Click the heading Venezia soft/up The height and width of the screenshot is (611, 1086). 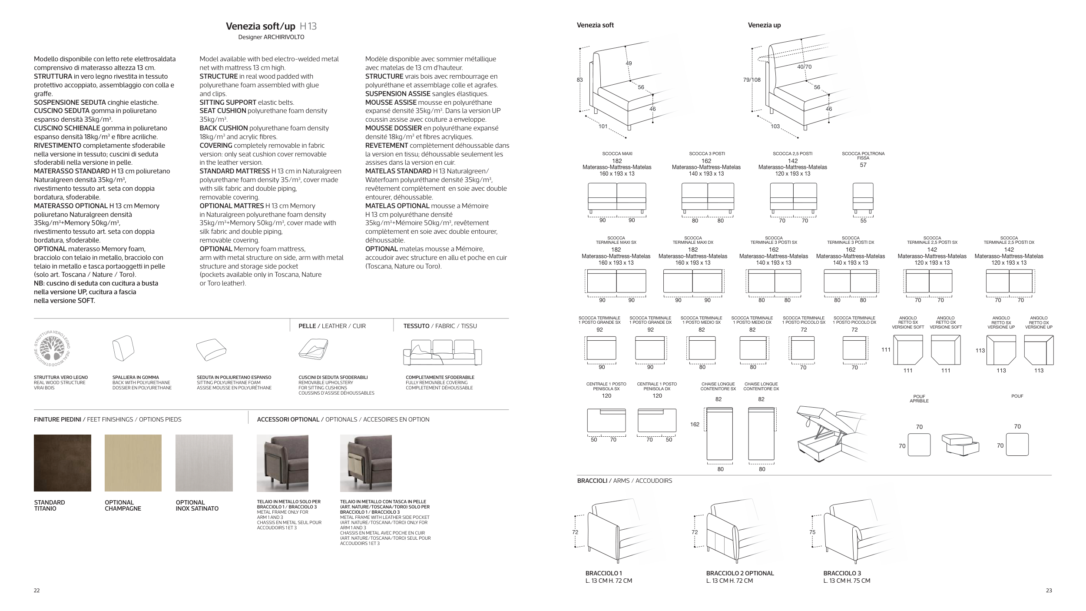click(260, 26)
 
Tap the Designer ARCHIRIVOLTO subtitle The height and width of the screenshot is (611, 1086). click(271, 37)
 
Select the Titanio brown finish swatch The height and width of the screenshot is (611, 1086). click(63, 463)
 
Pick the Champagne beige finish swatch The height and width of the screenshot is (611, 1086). click(133, 463)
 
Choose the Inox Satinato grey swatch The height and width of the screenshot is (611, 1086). click(204, 463)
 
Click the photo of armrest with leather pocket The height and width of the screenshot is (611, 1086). click(366, 463)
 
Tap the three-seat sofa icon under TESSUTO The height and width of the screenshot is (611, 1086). click(442, 352)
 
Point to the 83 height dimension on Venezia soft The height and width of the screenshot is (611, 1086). click(580, 80)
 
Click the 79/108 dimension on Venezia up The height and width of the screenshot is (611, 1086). click(752, 80)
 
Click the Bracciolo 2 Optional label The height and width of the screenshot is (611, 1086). click(740, 573)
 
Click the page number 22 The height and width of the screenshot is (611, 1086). click(37, 590)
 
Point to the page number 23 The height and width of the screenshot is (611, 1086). click(1049, 590)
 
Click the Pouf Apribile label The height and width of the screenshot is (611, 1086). click(919, 398)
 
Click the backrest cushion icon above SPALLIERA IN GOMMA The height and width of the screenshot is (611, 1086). click(123, 348)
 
